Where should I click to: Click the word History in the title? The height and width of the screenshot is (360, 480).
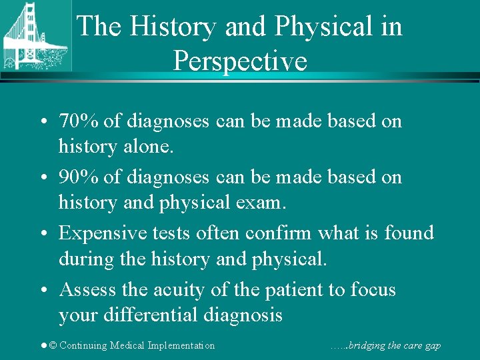point(173,27)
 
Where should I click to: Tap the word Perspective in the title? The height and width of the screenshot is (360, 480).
point(240,61)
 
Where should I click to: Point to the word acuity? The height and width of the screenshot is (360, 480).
point(182,290)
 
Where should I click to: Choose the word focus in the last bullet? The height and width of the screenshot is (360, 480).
point(373,290)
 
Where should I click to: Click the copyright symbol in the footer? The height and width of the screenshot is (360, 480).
point(53,345)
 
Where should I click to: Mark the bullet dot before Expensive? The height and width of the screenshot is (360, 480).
point(42,234)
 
